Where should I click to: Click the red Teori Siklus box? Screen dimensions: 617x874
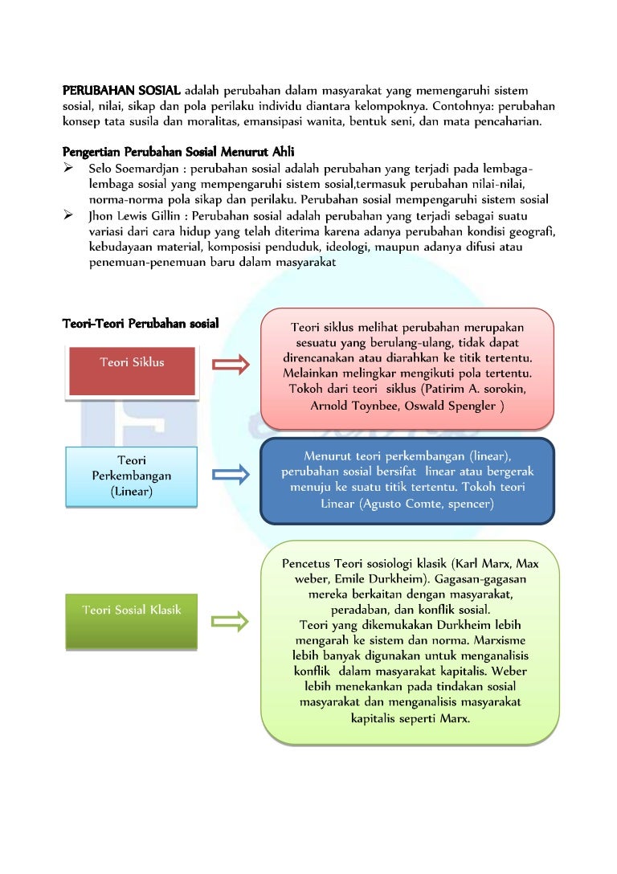pyautogui.click(x=132, y=371)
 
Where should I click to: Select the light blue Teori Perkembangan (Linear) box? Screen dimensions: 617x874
pyautogui.click(x=132, y=476)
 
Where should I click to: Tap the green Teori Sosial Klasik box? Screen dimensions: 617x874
pyautogui.click(x=132, y=622)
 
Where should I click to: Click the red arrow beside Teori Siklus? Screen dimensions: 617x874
pyautogui.click(x=231, y=365)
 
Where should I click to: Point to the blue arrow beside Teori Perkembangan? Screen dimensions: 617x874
pyautogui.click(x=231, y=474)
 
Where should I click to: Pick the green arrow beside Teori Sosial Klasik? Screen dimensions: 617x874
pyautogui.click(x=230, y=621)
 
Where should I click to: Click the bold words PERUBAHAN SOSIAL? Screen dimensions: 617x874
pyautogui.click(x=121, y=90)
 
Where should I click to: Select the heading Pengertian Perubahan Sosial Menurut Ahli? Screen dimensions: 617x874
pyautogui.click(x=178, y=152)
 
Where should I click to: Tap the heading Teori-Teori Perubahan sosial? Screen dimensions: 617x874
pyautogui.click(x=141, y=323)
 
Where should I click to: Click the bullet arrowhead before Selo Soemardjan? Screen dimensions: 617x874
pyautogui.click(x=68, y=167)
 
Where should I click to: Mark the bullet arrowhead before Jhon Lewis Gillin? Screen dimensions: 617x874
pyautogui.click(x=68, y=214)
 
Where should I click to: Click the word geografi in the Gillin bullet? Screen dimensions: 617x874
pyautogui.click(x=532, y=232)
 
